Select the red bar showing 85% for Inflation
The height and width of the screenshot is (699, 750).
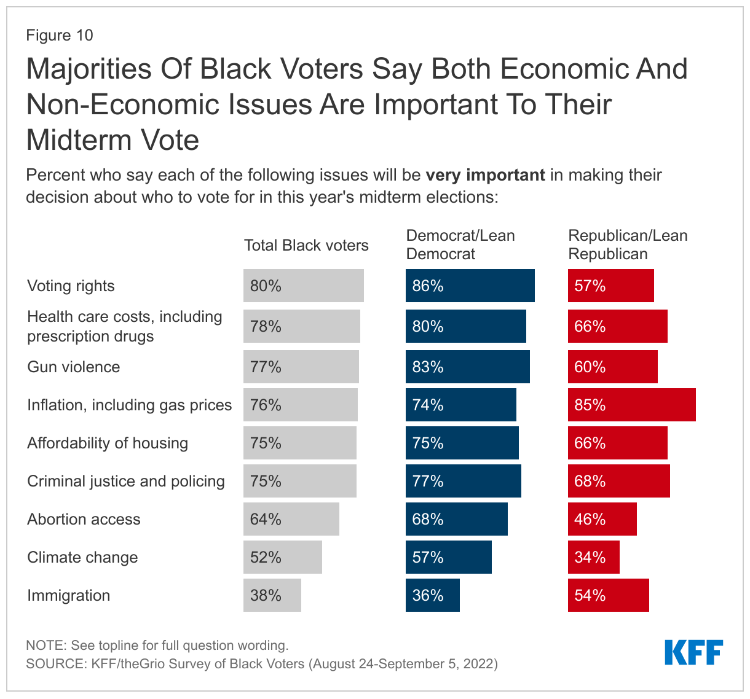[631, 405]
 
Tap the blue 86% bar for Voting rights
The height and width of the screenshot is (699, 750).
[470, 286]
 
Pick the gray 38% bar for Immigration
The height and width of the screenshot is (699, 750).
[272, 595]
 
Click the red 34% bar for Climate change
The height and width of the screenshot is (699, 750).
[593, 557]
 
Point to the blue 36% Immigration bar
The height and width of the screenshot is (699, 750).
[432, 595]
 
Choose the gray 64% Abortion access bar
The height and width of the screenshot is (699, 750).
[291, 519]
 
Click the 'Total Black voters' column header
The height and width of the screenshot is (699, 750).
[306, 246]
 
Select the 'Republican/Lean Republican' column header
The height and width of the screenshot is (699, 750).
[628, 244]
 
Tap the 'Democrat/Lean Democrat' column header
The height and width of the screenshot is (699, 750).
[460, 244]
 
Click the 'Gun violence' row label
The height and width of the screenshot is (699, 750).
[74, 367]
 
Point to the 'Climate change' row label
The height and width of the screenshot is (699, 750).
[82, 557]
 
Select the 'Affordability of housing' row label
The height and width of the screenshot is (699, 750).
[108, 443]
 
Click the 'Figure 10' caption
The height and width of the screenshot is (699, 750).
[60, 35]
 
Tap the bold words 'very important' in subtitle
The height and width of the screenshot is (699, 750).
[485, 175]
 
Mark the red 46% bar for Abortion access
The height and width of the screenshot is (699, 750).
[602, 519]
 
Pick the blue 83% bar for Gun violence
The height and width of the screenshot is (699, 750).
[467, 367]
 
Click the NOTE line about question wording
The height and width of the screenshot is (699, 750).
[157, 646]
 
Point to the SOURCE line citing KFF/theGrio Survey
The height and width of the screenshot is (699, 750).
[261, 663]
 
